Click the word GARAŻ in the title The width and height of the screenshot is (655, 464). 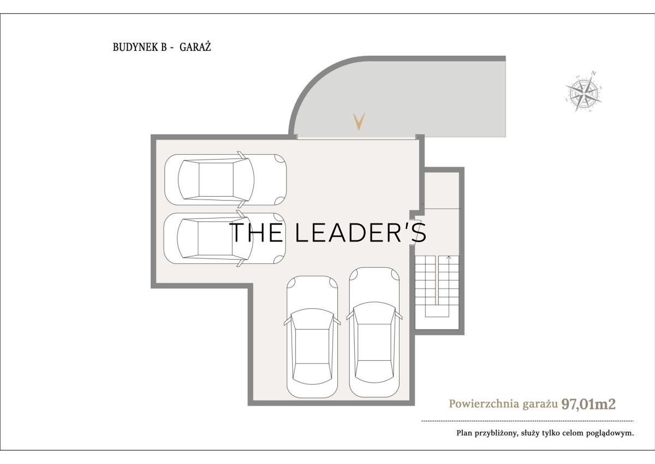point(195,47)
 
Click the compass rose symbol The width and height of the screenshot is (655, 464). point(583,91)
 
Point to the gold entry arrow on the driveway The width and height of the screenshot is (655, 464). point(359,122)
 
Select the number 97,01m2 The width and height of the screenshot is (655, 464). point(588,404)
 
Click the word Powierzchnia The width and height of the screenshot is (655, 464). point(484,404)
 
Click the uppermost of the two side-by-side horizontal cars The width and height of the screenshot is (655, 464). point(225,179)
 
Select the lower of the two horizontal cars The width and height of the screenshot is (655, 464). point(224,238)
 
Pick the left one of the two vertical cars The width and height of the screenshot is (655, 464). point(312,337)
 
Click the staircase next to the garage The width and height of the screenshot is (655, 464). point(437,286)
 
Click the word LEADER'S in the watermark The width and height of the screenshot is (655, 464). point(361,232)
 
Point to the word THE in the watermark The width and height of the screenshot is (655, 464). point(257,232)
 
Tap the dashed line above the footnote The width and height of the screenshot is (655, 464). point(527,421)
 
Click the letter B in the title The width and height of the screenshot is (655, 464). point(164,48)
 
